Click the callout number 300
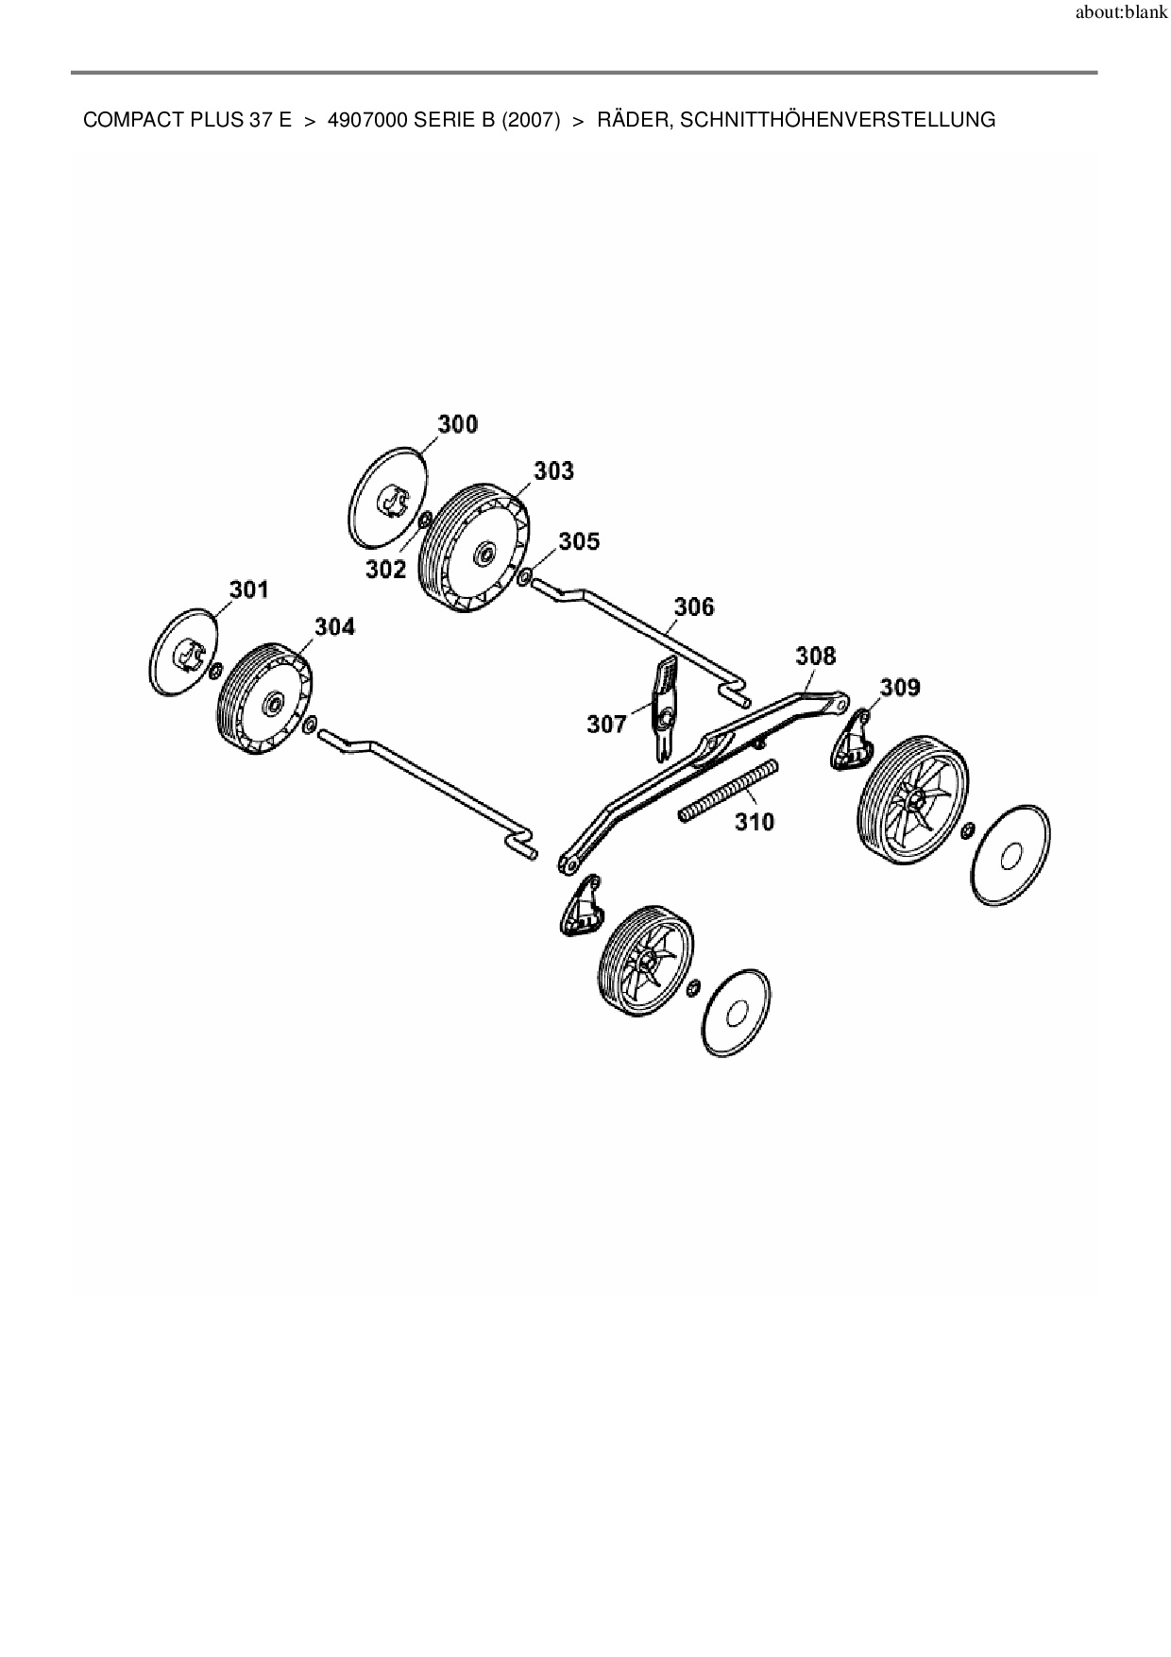click(x=458, y=424)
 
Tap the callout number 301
click(x=248, y=589)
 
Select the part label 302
click(x=386, y=569)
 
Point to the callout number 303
click(x=553, y=470)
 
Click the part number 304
click(x=334, y=626)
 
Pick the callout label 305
click(x=578, y=540)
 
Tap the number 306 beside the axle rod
click(x=694, y=606)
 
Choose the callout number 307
click(x=606, y=724)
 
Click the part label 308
click(x=816, y=655)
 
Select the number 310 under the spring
click(x=755, y=822)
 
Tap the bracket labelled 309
click(x=852, y=743)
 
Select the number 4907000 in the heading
click(x=367, y=120)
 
